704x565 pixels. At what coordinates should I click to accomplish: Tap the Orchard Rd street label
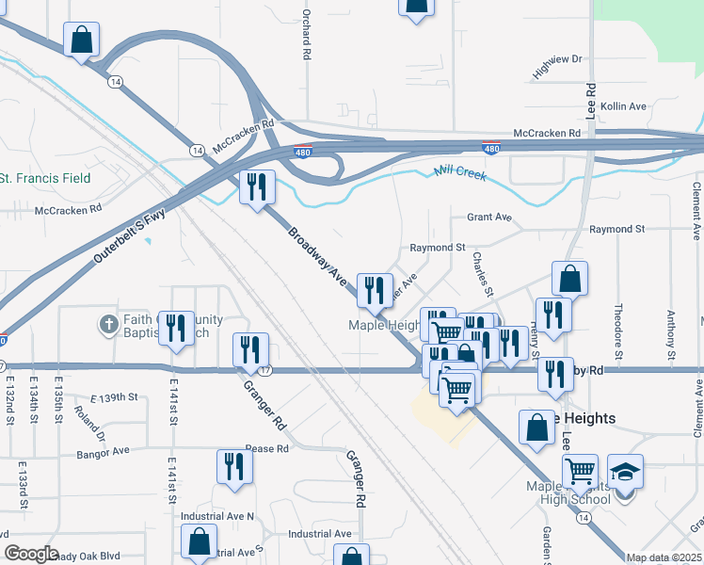pos(307,36)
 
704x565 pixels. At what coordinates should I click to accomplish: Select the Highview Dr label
pos(557,65)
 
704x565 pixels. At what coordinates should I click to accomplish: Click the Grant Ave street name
pos(489,218)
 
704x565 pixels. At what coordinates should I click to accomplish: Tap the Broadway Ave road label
pos(312,255)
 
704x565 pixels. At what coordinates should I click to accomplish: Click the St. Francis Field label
pos(45,177)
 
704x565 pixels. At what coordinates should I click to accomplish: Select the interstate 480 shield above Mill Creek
pos(490,149)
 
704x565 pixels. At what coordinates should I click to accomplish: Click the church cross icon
pos(109,325)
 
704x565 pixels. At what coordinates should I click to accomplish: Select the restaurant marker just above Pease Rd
pos(233,466)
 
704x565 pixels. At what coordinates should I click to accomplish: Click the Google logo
pos(31,555)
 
